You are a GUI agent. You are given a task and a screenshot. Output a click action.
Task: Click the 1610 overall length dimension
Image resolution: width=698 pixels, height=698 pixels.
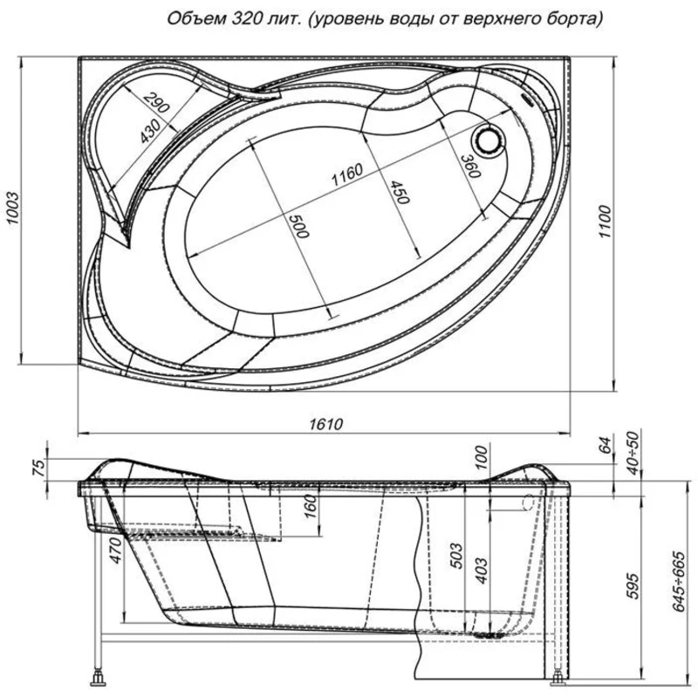point(326,424)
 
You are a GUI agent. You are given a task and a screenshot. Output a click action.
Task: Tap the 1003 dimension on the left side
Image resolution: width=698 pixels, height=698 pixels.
point(13,209)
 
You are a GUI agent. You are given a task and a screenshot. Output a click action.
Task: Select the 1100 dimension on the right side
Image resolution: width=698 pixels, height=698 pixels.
point(605,222)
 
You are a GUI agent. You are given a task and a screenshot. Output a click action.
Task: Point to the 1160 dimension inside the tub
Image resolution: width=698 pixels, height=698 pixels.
point(347,175)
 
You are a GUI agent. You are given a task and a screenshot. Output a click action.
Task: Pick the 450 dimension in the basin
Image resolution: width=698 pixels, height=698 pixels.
point(399,192)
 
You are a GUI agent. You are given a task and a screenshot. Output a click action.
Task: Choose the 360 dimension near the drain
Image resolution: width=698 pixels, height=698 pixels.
point(470,166)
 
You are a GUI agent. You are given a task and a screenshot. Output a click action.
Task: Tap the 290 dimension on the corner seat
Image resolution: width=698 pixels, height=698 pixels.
point(156,103)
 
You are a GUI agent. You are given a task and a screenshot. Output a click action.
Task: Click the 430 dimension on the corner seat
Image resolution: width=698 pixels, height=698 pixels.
point(150,131)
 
